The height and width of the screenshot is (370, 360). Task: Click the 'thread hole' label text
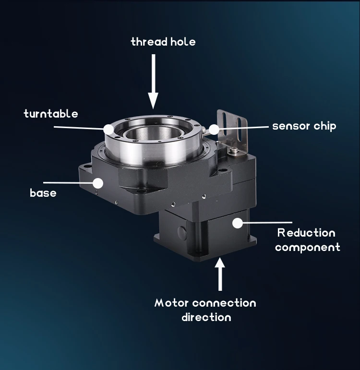[x=163, y=42]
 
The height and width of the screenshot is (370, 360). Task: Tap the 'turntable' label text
[x=50, y=114]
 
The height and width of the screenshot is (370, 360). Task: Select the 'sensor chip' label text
[x=304, y=126]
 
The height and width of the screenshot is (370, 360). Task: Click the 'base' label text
[x=43, y=193]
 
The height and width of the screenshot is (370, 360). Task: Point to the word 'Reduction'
[x=306, y=233]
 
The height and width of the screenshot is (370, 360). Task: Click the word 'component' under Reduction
[x=307, y=248]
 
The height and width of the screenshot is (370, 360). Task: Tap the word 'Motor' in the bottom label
[x=171, y=303]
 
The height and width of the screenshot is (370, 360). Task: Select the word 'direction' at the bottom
[x=206, y=317]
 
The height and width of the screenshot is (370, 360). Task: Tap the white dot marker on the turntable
[x=108, y=129]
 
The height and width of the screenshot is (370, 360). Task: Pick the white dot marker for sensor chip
[x=214, y=129]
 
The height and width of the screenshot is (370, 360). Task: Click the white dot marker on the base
[x=98, y=183]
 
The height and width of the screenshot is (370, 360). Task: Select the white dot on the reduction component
[x=237, y=223]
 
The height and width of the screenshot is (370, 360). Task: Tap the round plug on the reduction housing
[x=181, y=232]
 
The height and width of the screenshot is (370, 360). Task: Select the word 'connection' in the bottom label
[x=224, y=303]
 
